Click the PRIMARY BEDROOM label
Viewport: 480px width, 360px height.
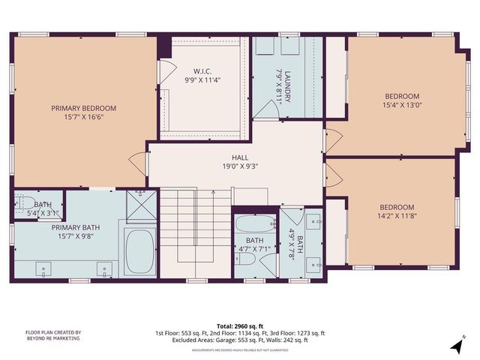[84, 108]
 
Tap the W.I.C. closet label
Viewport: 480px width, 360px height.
[202, 71]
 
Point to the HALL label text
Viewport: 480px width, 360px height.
[240, 157]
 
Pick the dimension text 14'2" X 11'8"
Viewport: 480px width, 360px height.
[397, 217]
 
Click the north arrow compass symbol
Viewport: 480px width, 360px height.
[455, 345]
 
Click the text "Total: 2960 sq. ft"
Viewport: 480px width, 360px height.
[240, 326]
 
